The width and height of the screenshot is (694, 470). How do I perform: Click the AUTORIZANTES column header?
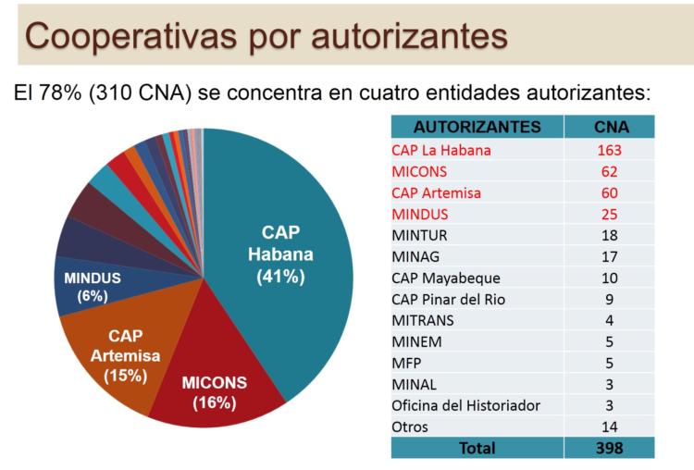pos(477,126)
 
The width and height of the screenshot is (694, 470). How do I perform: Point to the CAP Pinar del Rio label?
pos(448,299)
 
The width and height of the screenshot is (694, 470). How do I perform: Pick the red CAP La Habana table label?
pos(440,149)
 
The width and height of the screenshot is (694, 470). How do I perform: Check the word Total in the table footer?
pos(477,448)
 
